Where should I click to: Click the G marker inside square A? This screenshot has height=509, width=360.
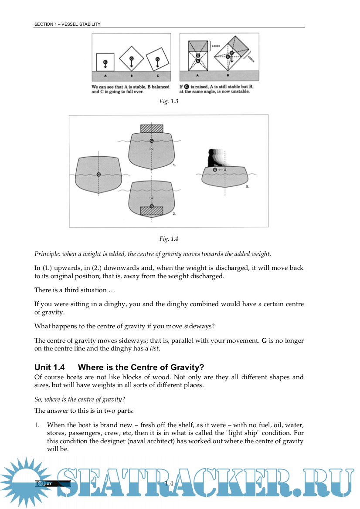pos(105,63)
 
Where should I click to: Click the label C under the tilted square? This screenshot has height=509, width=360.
pos(157,76)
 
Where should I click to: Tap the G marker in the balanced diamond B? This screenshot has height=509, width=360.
pos(131,59)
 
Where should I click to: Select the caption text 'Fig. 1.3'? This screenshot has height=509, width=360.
pos(169,101)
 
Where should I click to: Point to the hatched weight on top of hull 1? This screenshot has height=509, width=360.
pos(152,128)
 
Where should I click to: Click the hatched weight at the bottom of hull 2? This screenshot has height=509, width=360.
pos(152,211)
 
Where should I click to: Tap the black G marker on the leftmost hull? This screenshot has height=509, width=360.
pos(98,175)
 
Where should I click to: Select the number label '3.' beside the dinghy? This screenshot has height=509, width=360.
pos(247,186)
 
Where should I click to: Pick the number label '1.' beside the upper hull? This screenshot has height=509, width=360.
pos(174,165)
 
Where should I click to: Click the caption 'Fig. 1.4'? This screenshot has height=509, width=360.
pos(169,239)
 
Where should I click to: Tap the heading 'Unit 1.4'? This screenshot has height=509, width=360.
pos(50,367)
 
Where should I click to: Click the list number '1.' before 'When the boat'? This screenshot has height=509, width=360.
pos(37,425)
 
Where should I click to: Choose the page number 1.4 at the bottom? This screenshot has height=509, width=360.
pos(169,483)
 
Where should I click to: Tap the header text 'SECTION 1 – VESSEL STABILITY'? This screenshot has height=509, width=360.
pos(68,24)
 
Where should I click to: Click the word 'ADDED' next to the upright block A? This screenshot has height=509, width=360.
pos(215,46)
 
